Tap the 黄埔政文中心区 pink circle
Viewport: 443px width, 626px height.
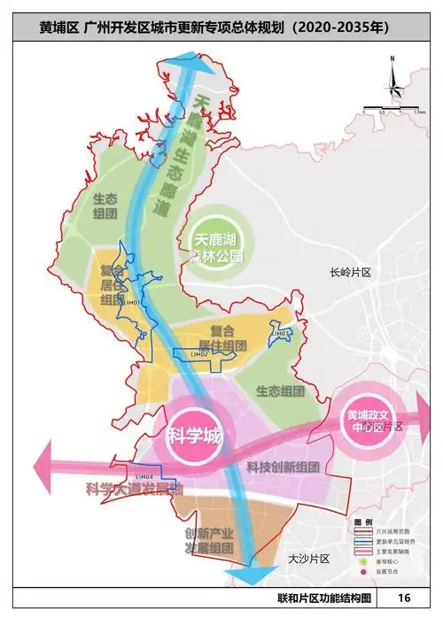[364, 421]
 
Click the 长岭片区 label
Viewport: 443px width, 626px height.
[349, 274]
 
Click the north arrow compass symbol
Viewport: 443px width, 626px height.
[390, 81]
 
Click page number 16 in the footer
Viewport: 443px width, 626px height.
[404, 599]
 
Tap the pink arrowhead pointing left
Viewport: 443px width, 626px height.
[41, 464]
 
